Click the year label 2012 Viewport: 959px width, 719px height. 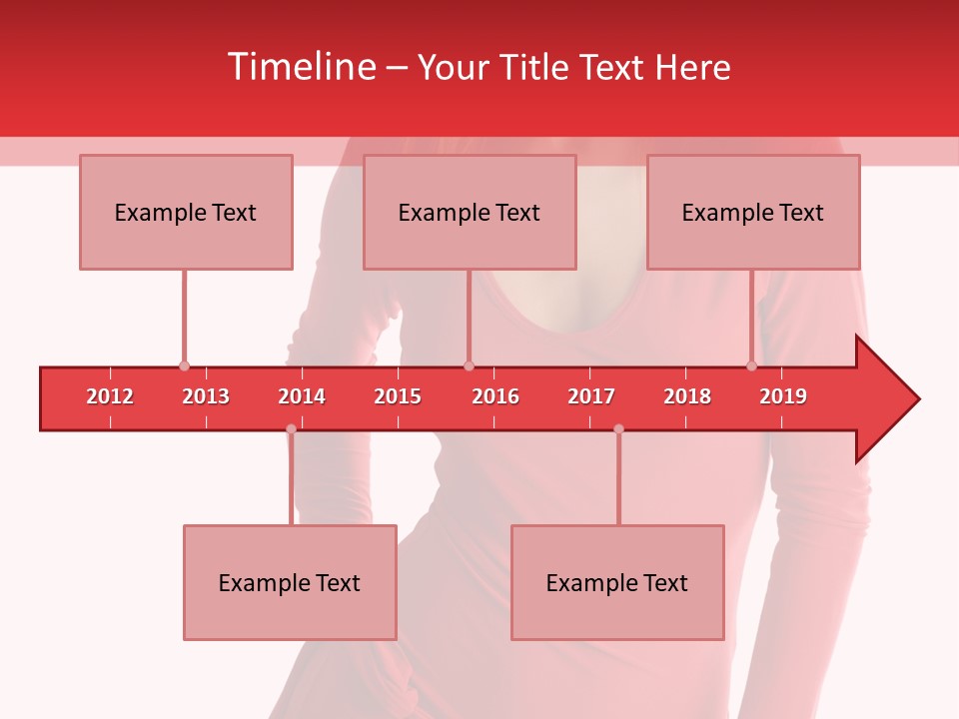[x=110, y=396]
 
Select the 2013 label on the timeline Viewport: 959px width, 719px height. [x=206, y=396]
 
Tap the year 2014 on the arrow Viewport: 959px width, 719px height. [x=302, y=396]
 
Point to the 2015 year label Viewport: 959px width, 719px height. [x=398, y=396]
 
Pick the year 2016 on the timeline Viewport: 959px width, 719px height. [x=495, y=396]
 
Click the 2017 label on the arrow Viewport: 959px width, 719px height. [x=591, y=396]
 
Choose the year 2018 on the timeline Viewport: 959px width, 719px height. [x=687, y=396]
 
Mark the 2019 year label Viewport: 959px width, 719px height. [x=783, y=396]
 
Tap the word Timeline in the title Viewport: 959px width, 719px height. [x=301, y=67]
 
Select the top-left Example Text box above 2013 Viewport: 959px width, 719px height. [x=186, y=212]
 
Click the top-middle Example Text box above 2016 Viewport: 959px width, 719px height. [x=470, y=212]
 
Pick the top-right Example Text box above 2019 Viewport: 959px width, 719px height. [x=753, y=212]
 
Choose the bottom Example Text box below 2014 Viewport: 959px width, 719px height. [x=290, y=582]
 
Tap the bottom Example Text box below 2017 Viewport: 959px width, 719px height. [x=617, y=582]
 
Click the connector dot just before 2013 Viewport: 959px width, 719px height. [x=184, y=365]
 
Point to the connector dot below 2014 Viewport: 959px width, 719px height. [x=291, y=428]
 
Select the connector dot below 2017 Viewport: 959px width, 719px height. [x=618, y=428]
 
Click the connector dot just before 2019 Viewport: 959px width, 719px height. [x=751, y=365]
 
